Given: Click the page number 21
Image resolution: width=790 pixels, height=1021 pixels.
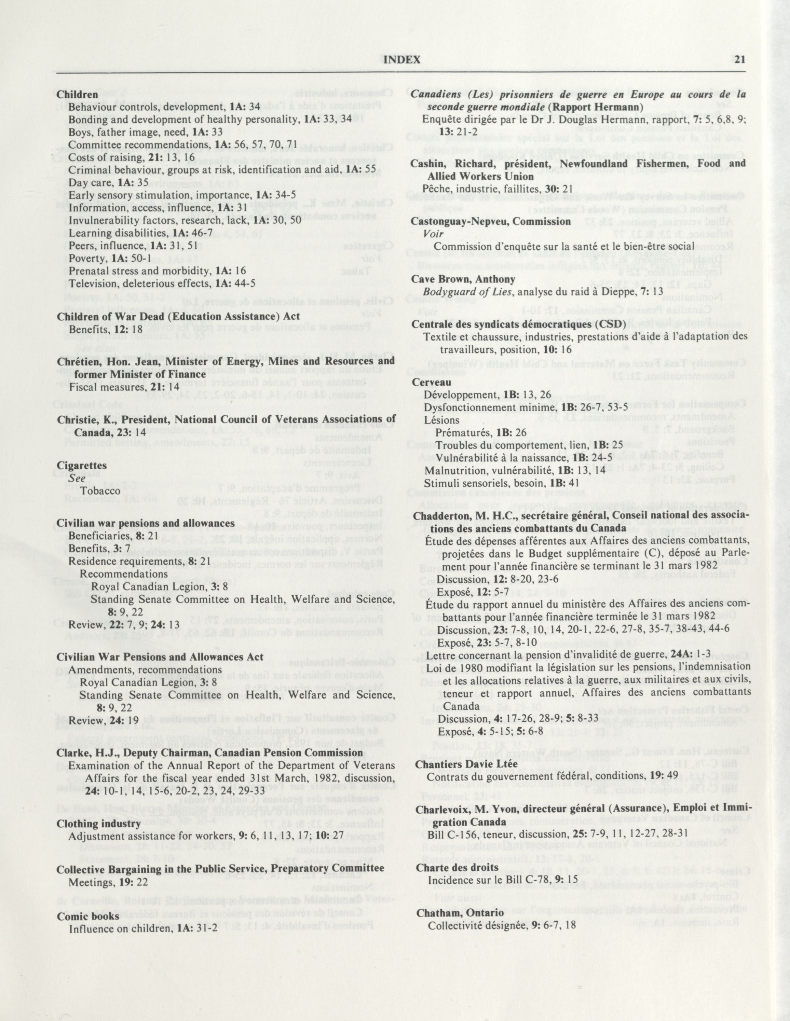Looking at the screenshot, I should tap(739, 59).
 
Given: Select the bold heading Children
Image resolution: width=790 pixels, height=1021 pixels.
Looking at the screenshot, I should tap(77, 94).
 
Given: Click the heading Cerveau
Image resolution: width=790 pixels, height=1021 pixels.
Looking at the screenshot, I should tap(431, 382).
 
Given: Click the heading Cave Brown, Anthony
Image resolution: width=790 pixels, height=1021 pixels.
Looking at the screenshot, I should tap(463, 279).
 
